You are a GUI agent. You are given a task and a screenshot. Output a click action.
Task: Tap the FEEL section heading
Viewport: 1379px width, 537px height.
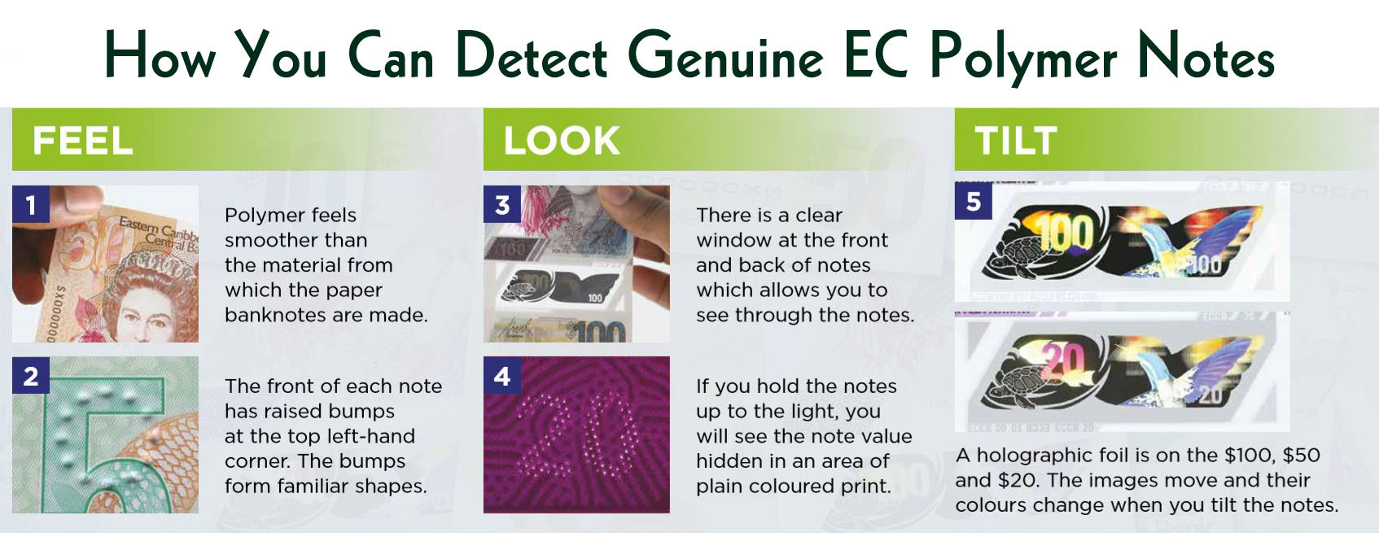[82, 141]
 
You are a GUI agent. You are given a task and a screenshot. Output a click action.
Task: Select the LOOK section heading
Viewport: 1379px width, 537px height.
[562, 141]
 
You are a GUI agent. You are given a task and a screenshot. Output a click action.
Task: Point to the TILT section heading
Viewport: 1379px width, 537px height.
[1016, 141]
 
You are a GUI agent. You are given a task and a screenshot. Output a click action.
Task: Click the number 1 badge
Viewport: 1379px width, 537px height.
[31, 203]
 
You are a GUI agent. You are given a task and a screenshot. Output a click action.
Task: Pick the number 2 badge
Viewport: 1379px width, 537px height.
[31, 374]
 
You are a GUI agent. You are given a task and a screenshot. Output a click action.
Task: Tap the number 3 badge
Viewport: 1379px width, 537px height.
[502, 203]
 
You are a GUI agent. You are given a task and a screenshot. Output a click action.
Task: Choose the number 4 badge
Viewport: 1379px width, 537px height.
[502, 374]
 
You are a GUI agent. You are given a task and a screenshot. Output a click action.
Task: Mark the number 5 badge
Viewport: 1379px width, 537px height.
[974, 200]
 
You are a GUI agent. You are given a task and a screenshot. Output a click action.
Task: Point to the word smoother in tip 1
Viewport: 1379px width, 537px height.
[295, 240]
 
